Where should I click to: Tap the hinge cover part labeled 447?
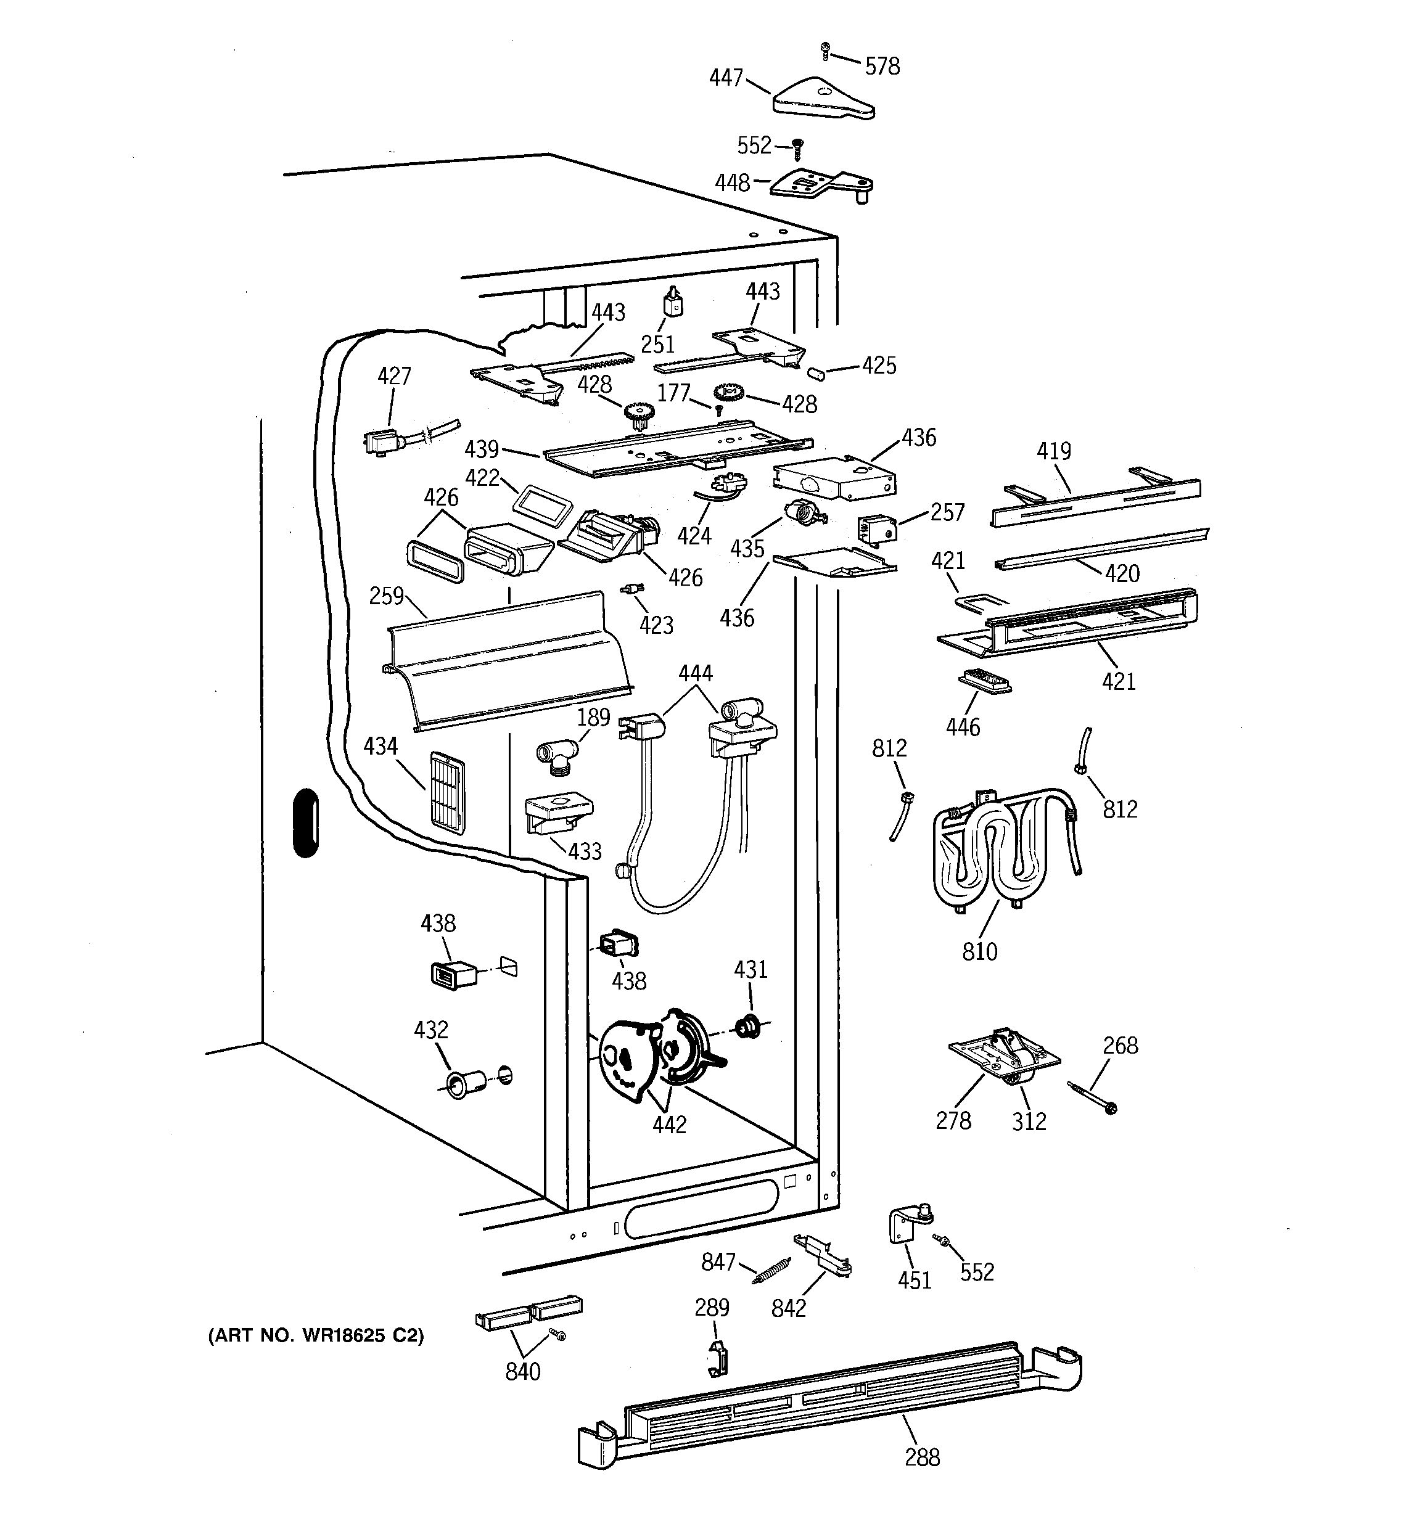coord(823,101)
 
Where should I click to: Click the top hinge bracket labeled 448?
coord(823,184)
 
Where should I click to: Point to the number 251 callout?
coord(657,344)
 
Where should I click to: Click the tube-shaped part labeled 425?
coord(816,374)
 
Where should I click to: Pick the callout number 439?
coord(481,448)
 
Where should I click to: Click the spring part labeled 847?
coord(771,1271)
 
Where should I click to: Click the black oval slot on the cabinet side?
coord(306,822)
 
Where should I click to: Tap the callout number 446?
coord(962,726)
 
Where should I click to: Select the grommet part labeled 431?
coord(745,1025)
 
